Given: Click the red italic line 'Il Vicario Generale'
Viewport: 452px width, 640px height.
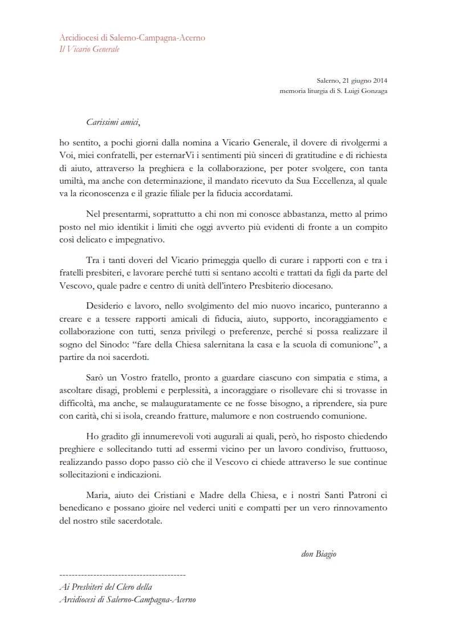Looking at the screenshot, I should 89,49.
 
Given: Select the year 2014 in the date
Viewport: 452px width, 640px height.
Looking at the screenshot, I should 379,81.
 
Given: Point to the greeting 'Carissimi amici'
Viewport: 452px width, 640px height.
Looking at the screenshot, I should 112,122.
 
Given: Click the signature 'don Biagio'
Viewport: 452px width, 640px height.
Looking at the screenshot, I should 318,554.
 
